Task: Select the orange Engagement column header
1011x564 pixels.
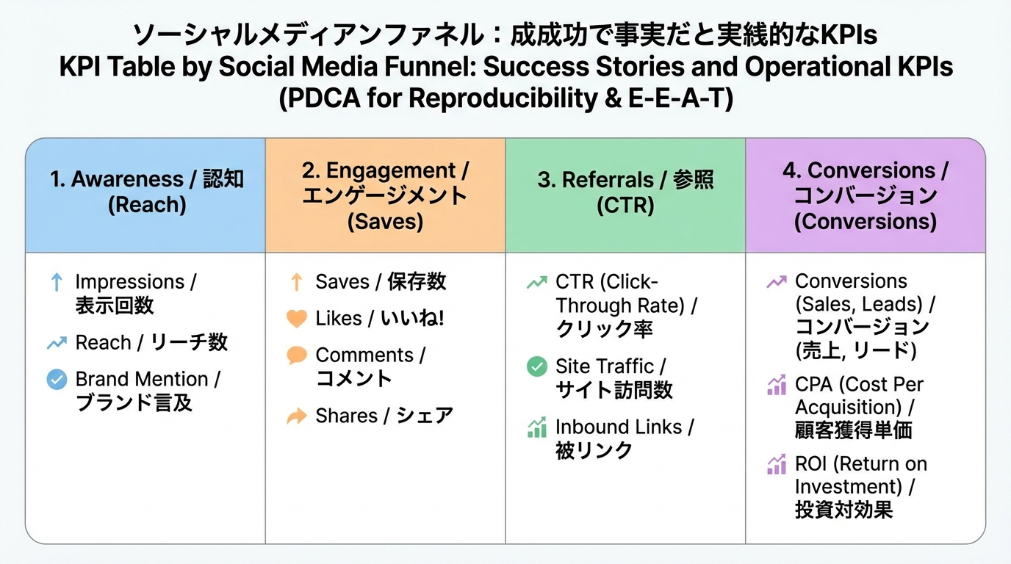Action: [x=385, y=195]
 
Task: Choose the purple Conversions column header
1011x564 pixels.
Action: [x=866, y=195]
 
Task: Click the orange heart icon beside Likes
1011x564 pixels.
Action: [x=296, y=319]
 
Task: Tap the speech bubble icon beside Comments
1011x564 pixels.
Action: [x=296, y=356]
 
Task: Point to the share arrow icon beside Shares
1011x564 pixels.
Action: [x=296, y=416]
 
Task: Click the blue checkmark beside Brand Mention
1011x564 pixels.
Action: [x=57, y=380]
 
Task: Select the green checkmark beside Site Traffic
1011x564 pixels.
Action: [x=537, y=366]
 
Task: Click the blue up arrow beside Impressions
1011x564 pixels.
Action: [x=57, y=283]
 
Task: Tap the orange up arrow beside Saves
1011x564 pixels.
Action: [x=296, y=282]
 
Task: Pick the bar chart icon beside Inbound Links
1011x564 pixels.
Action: [x=537, y=427]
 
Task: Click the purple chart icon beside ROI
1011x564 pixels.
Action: [x=777, y=465]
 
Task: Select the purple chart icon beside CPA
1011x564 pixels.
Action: [x=777, y=385]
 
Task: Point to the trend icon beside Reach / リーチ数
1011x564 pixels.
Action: [x=57, y=343]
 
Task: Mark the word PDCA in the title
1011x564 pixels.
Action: [x=320, y=98]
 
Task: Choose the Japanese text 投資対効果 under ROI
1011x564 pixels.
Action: [x=843, y=510]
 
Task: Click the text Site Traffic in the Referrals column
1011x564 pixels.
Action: [x=604, y=366]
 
